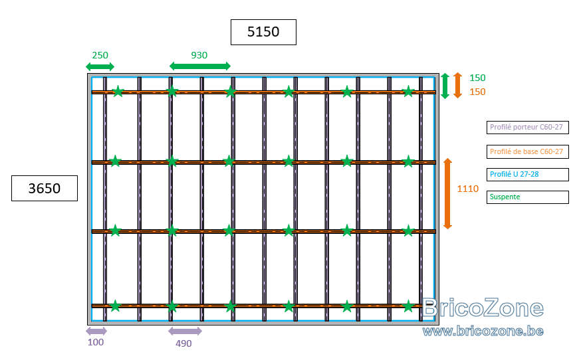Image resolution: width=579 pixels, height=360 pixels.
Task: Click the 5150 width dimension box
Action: click(x=263, y=32)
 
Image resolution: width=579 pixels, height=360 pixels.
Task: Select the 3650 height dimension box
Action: click(x=45, y=188)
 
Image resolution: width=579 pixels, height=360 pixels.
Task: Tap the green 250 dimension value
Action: click(x=100, y=55)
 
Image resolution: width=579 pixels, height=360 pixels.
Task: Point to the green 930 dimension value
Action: click(x=199, y=55)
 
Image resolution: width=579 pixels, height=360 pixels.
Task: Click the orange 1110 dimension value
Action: click(x=468, y=189)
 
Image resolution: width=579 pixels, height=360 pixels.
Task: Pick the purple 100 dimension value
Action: click(x=96, y=342)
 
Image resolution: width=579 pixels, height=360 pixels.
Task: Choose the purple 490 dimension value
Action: click(x=183, y=343)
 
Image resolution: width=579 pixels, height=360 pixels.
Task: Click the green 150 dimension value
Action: click(x=477, y=78)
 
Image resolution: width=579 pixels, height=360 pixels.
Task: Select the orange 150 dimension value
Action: click(x=477, y=92)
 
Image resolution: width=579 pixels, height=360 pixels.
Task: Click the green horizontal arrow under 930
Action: click(x=200, y=66)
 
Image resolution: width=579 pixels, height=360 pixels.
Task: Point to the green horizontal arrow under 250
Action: click(x=100, y=67)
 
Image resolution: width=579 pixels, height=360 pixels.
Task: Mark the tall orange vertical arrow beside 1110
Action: click(x=447, y=194)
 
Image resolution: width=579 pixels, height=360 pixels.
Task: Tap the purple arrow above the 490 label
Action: click(x=185, y=331)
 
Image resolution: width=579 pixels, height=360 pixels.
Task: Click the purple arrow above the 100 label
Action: click(x=96, y=331)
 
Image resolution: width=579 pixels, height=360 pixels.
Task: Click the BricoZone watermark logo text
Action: click(x=483, y=308)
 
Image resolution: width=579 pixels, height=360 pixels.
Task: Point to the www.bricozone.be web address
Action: click(x=483, y=331)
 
